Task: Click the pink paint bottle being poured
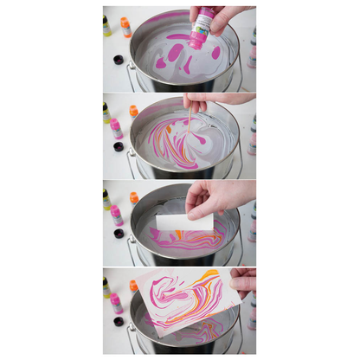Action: coord(201,29)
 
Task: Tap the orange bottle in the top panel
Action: coord(125,27)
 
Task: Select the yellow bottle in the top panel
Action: coord(106,25)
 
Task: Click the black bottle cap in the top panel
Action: coord(119,60)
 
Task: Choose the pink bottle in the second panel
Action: coord(116,129)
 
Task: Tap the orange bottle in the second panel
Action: coord(133,111)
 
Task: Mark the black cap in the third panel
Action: coord(119,234)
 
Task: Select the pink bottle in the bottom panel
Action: coord(116,303)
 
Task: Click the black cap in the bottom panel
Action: coord(119,321)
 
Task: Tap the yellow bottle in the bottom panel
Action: coord(106,286)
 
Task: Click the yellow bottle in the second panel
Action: coord(106,112)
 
